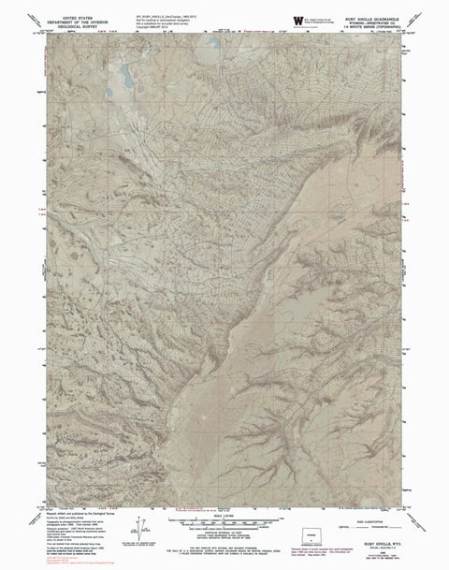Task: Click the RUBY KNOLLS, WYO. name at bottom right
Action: pyautogui.click(x=369, y=527)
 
